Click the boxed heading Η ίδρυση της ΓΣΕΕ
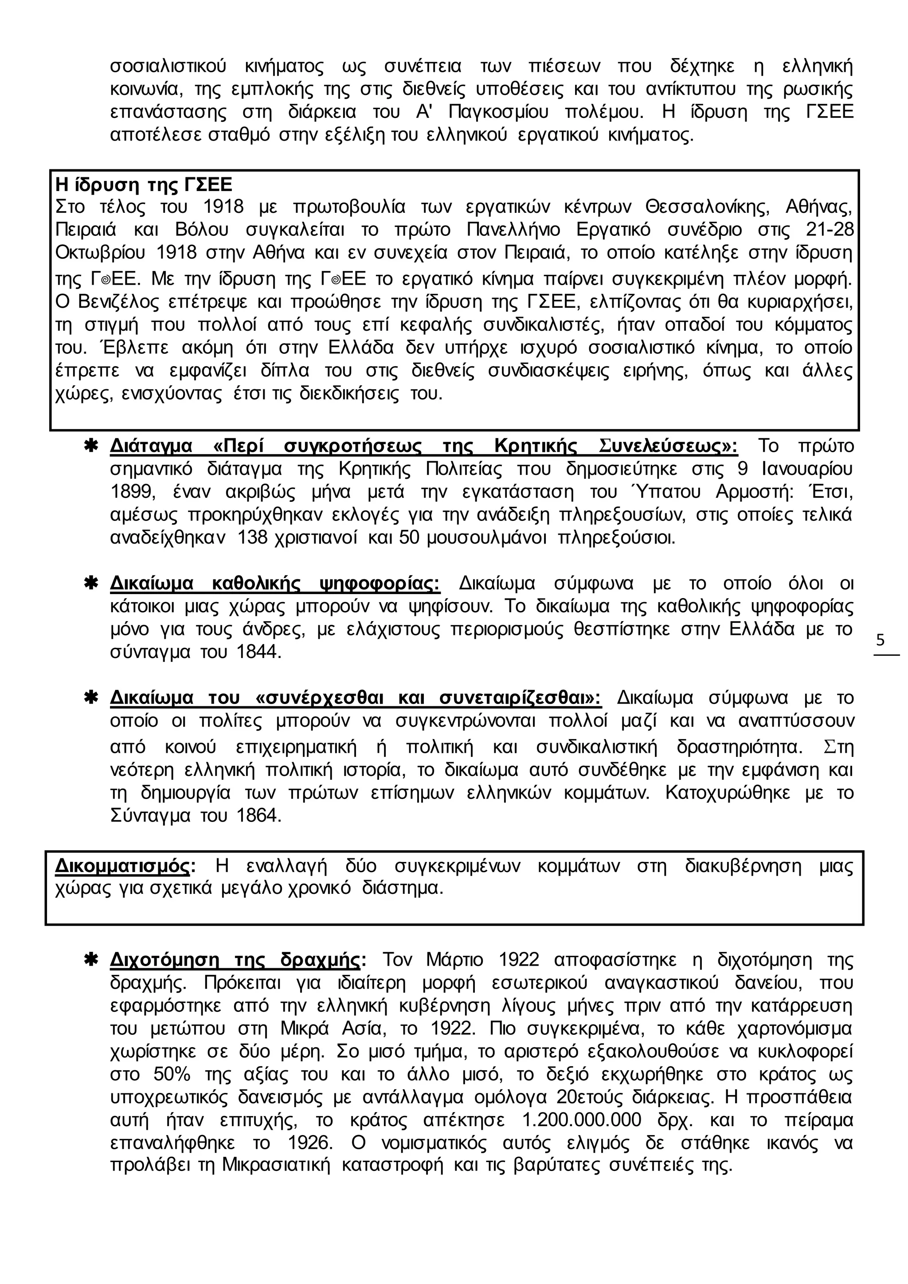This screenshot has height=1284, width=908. [144, 184]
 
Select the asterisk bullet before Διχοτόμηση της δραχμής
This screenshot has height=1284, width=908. [90, 959]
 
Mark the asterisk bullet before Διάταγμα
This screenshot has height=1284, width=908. [90, 446]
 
